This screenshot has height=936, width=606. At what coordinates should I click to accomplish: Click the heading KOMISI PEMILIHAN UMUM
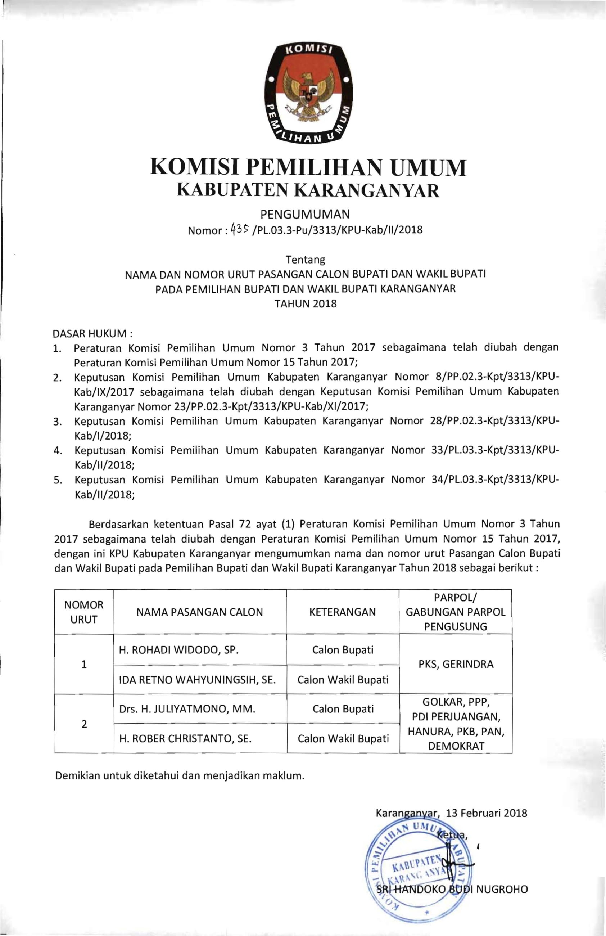[x=308, y=167]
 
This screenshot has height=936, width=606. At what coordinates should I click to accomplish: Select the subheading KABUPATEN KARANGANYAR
[x=308, y=191]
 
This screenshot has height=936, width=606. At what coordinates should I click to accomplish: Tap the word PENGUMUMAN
[x=305, y=214]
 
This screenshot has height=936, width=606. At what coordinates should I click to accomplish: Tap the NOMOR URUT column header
[x=84, y=612]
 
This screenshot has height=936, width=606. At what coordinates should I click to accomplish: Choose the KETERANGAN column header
[x=343, y=612]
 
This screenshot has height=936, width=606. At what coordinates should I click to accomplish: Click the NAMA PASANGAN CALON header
[x=200, y=612]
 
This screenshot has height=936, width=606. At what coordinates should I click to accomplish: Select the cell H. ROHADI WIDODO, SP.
[x=179, y=650]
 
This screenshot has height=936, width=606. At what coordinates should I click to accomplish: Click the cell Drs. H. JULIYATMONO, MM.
[x=187, y=709]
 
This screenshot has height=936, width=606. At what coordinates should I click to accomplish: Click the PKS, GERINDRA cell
[x=456, y=664]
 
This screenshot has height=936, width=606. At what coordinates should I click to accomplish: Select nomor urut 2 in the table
[x=84, y=724]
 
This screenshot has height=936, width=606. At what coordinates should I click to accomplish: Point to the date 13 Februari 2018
[x=487, y=813]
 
